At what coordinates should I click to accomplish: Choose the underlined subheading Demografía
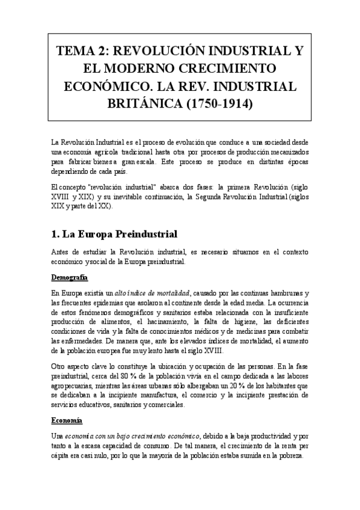pos(70,277)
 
